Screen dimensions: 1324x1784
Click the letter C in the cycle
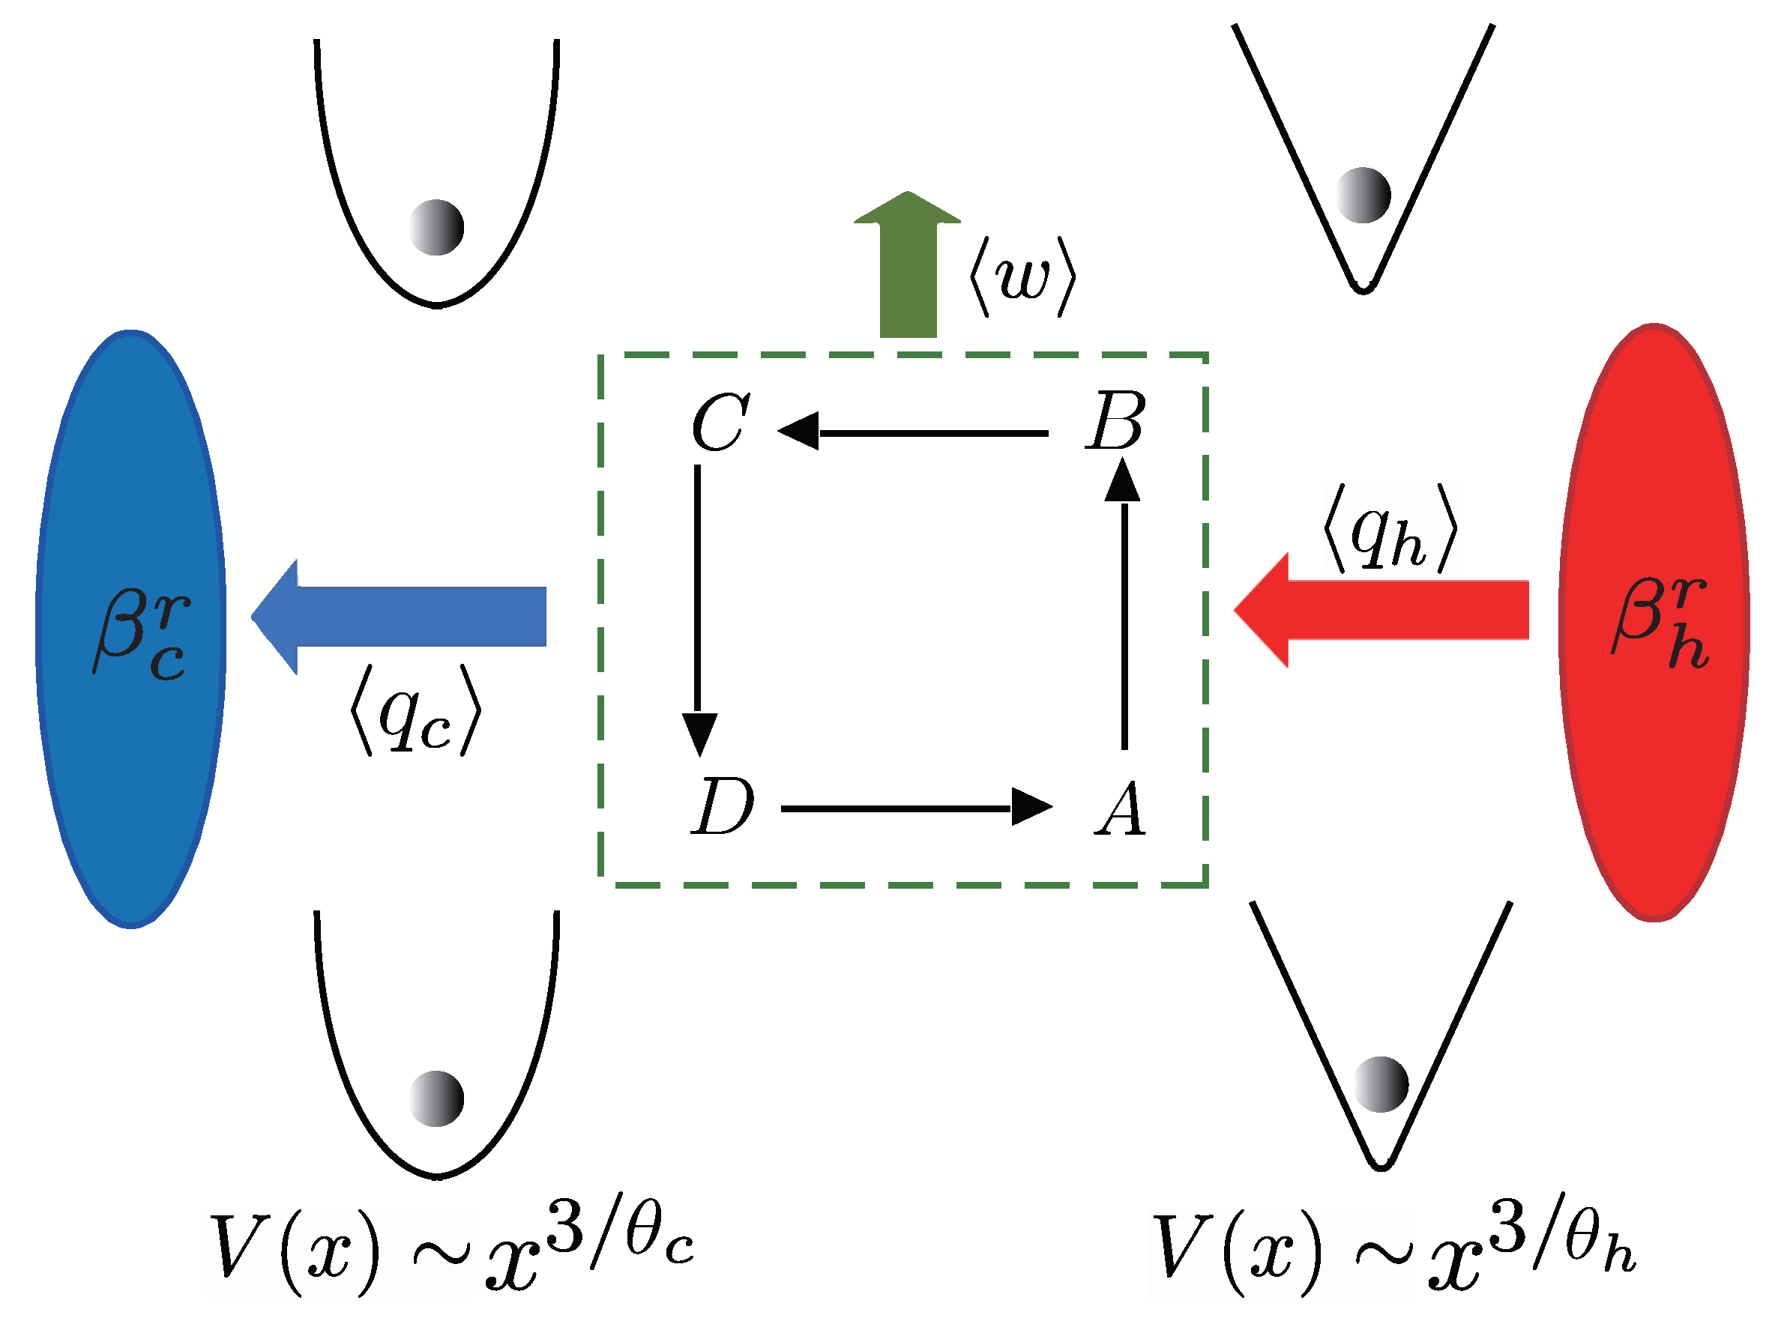click(x=721, y=423)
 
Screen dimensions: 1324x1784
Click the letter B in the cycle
click(x=1115, y=421)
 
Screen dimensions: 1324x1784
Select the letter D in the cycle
click(x=722, y=807)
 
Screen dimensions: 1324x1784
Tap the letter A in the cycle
click(x=1120, y=808)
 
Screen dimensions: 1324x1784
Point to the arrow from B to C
click(x=914, y=433)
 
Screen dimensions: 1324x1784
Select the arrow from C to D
click(x=699, y=609)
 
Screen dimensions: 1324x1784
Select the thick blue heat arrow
click(x=400, y=617)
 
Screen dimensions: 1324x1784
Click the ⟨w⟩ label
click(x=1022, y=277)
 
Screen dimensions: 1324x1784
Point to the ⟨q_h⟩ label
click(x=1390, y=530)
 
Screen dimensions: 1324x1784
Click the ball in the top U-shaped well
click(x=436, y=228)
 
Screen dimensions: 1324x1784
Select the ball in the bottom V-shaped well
click(x=1381, y=1084)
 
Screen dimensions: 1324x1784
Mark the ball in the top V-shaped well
click(x=1363, y=195)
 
